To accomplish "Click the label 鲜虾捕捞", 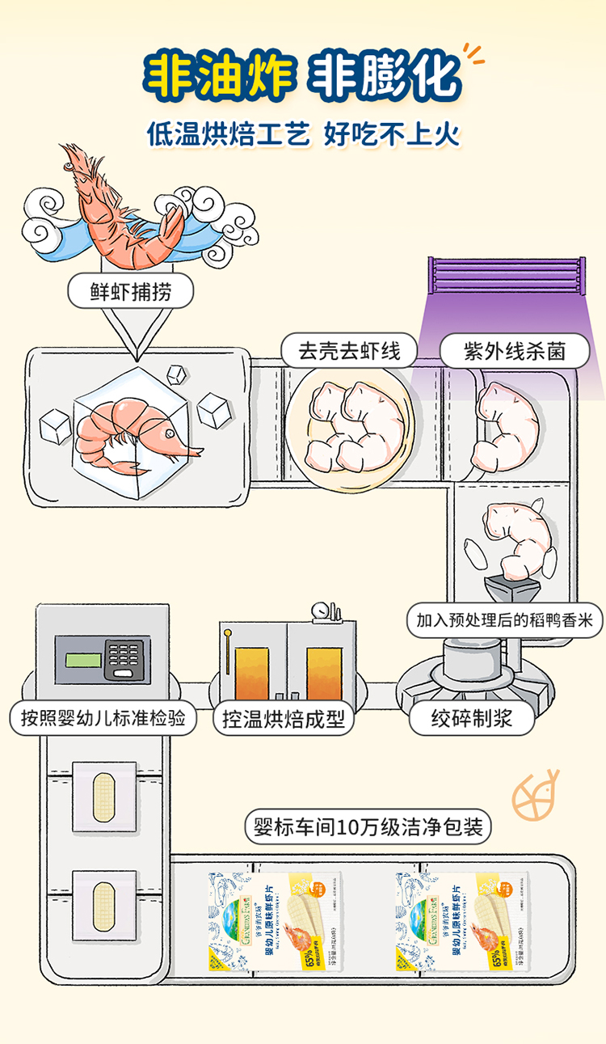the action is click(130, 290).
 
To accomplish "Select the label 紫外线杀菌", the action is click(514, 351).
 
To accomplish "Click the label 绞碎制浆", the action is click(471, 718).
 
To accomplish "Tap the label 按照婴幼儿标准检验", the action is click(103, 718).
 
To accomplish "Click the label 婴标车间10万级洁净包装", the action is click(368, 826).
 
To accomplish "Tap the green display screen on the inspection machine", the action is click(83, 660).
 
